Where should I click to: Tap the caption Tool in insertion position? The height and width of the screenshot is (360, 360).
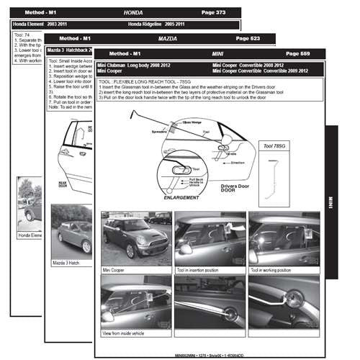[x=203, y=270]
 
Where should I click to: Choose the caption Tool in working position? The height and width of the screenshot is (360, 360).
[x=274, y=270]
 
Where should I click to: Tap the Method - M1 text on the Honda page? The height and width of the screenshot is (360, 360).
[x=40, y=13]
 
